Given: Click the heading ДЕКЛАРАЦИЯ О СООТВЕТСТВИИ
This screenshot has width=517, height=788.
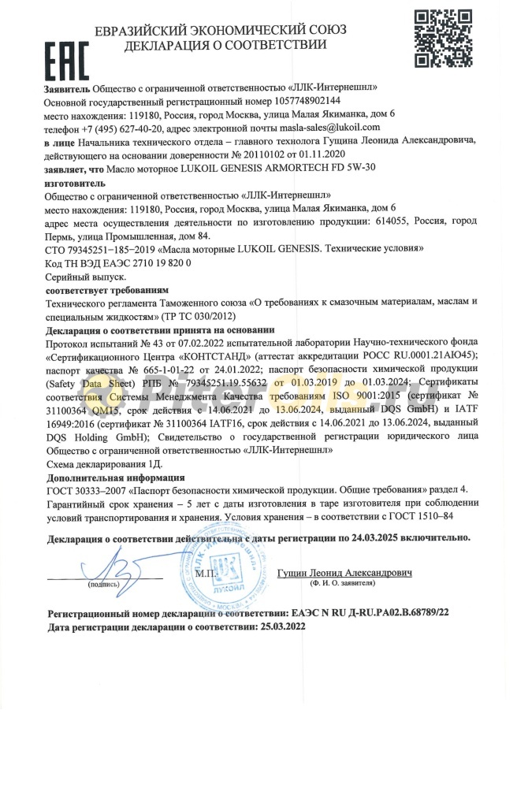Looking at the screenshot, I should coord(225,45).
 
